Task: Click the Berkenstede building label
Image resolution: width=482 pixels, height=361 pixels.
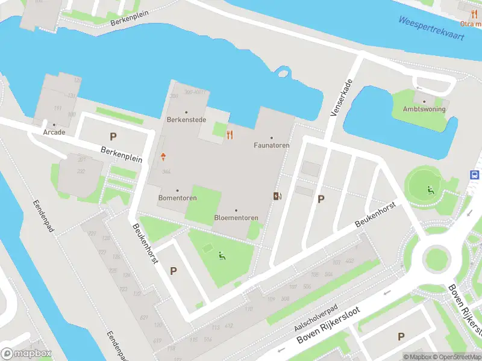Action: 186,120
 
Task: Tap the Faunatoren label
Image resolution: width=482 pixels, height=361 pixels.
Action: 271,145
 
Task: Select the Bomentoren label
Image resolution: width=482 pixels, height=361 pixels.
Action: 177,198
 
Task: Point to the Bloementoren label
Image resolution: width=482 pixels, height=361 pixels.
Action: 236,217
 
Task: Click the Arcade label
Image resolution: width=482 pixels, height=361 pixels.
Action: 54,132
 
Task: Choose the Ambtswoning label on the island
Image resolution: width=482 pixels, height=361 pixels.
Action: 424,109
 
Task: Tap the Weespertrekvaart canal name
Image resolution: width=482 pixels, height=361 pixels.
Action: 431,28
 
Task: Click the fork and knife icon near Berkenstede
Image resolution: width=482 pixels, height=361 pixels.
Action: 230,134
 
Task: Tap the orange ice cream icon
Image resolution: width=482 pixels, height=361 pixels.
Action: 163,157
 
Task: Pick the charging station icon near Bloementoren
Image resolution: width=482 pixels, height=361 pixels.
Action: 277,196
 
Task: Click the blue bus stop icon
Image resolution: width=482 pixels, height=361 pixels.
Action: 475,174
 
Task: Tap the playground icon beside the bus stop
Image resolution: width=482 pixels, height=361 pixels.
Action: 431,191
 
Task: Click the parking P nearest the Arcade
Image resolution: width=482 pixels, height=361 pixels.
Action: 112,137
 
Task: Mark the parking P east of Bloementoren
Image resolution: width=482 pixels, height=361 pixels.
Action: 321,199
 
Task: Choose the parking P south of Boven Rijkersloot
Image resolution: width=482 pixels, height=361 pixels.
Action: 401,336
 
